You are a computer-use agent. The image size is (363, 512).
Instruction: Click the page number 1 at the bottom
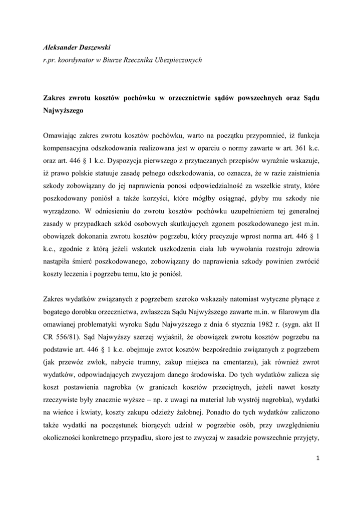click(317, 458)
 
